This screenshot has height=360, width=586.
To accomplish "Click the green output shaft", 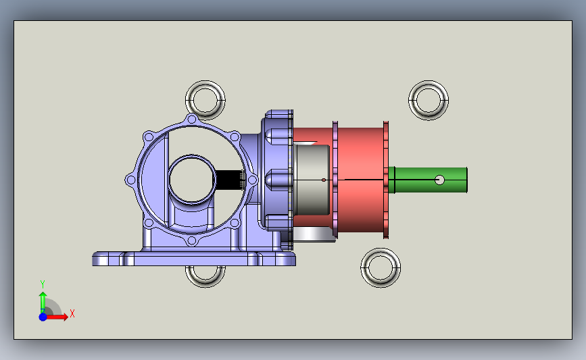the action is (428, 180).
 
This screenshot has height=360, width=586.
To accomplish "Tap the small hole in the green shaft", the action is (440, 180).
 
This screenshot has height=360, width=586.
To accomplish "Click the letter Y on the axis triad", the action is (43, 284).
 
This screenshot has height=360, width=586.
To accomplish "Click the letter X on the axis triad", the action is (72, 313).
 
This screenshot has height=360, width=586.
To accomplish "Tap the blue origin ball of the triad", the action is (43, 317).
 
